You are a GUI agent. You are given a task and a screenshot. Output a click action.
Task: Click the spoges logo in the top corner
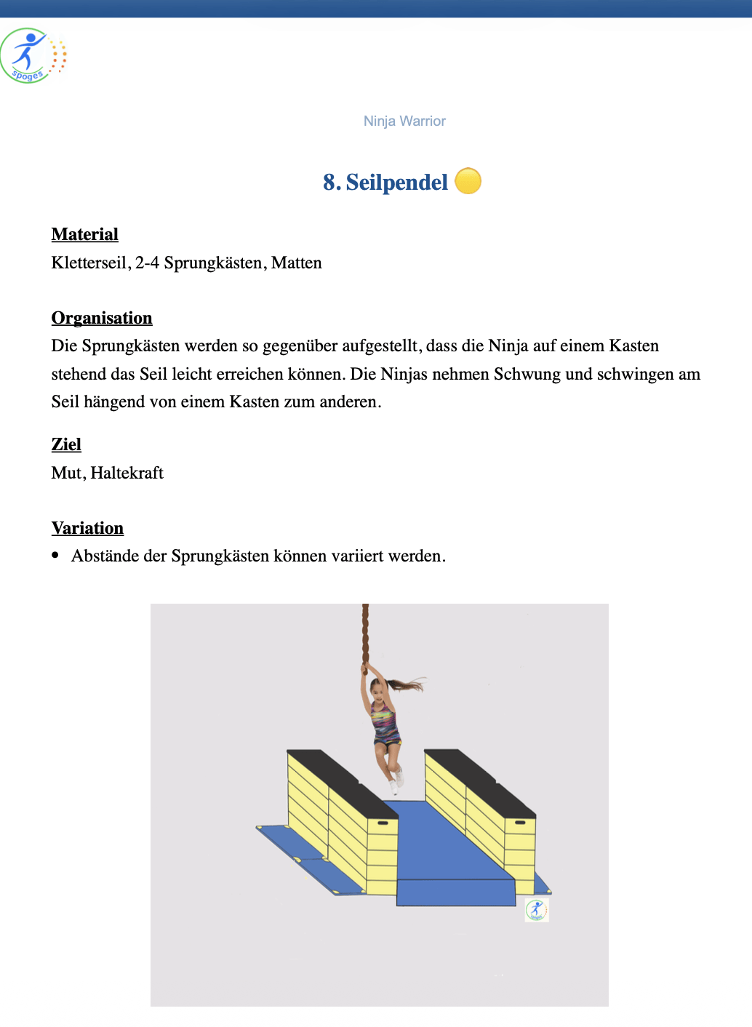tap(33, 56)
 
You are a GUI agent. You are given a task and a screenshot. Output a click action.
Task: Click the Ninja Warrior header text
tap(404, 121)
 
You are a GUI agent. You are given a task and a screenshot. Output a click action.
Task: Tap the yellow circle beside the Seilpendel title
tap(468, 181)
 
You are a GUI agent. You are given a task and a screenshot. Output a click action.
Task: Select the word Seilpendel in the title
tap(396, 183)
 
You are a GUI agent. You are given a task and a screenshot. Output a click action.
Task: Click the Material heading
tap(84, 235)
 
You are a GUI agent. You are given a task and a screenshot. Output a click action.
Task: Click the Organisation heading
tap(102, 319)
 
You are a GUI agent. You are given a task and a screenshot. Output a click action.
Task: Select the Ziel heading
tap(66, 445)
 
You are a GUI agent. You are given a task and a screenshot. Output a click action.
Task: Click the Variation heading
tap(87, 529)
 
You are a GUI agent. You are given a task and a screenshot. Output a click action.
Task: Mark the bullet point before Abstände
tap(55, 556)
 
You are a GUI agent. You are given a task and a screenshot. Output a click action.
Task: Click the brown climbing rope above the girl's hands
tap(365, 633)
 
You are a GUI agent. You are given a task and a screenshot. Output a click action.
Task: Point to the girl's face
tap(377, 687)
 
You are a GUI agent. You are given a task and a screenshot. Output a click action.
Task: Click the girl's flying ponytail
tap(407, 684)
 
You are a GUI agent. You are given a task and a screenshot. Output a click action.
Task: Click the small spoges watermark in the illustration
tap(537, 909)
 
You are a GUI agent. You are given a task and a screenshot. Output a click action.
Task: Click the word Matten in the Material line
tap(297, 263)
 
